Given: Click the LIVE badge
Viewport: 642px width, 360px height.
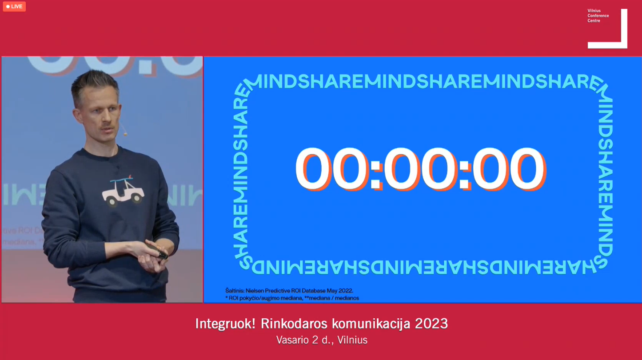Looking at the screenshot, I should click(x=14, y=6).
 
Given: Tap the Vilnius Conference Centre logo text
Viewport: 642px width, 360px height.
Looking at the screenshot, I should click(x=598, y=16).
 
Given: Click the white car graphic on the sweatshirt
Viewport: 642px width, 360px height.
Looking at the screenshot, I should click(x=123, y=192).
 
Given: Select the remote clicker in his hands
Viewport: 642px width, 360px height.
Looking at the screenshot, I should click(x=157, y=251).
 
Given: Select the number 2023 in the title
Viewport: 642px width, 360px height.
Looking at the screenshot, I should click(x=431, y=324).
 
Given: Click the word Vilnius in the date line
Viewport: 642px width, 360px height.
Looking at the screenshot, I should click(x=352, y=340).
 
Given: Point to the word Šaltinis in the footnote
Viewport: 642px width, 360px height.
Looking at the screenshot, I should click(x=235, y=291).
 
